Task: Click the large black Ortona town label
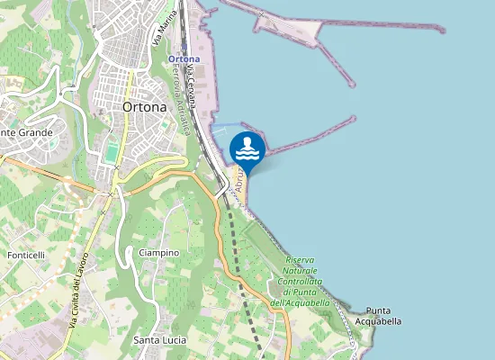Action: (144, 106)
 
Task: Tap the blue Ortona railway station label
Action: (184, 59)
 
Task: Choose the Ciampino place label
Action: (159, 253)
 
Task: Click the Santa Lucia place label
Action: (160, 340)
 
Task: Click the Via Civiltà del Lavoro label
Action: (75, 301)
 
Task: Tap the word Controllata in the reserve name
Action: (301, 282)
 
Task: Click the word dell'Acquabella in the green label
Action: (301, 303)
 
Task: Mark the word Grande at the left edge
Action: (34, 132)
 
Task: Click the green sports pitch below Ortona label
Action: (112, 153)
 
